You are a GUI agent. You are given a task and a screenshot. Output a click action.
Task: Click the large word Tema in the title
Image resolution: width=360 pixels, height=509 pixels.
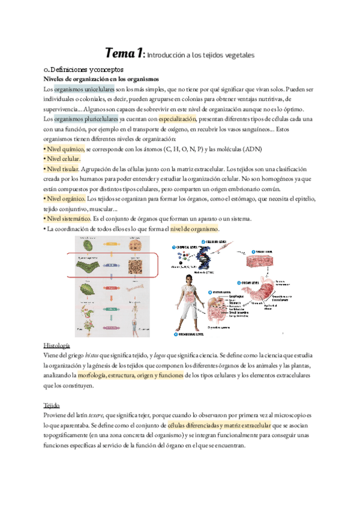point(123,53)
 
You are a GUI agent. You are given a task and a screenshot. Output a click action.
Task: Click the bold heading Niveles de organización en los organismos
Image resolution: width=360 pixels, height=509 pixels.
point(102,79)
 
